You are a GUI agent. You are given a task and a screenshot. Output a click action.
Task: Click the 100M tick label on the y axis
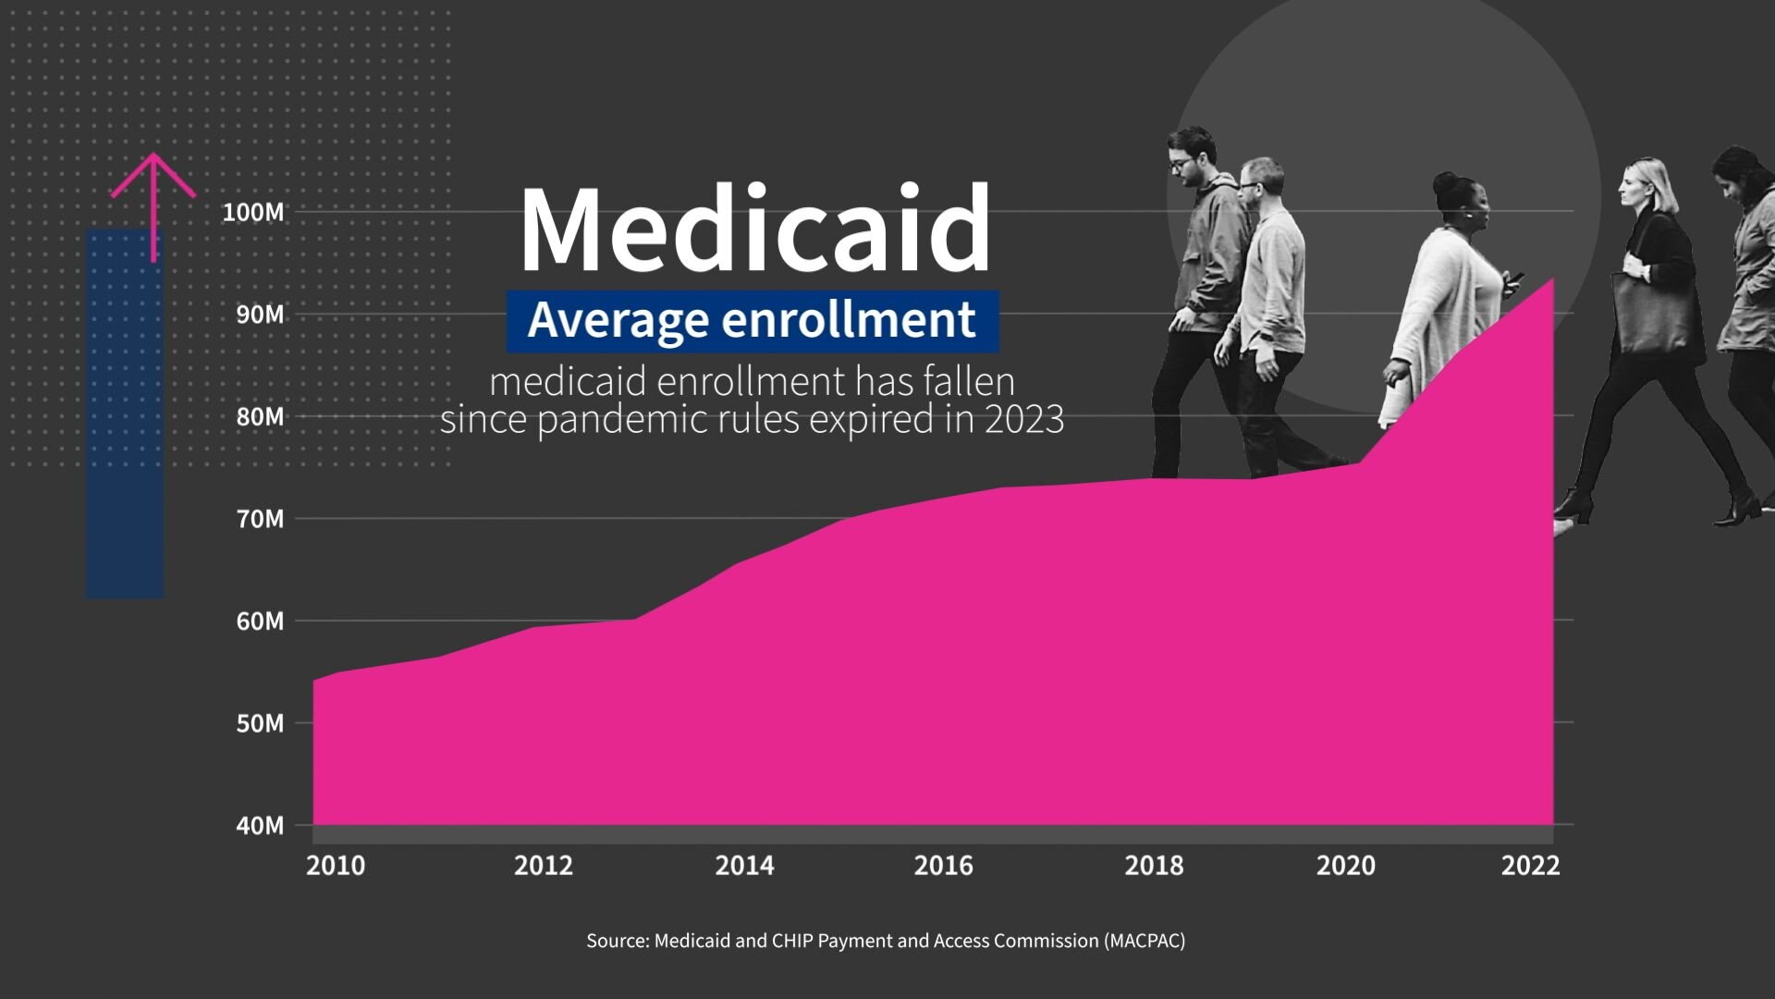[253, 213]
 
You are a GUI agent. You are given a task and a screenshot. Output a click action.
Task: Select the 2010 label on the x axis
[336, 866]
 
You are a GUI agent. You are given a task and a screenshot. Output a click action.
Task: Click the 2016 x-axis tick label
[943, 866]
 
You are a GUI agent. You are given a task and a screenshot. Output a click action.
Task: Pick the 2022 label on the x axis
[1530, 866]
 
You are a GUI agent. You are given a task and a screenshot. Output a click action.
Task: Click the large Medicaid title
[755, 229]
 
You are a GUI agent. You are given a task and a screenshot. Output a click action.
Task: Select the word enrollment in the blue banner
[848, 320]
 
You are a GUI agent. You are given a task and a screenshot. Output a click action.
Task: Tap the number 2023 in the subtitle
[1024, 420]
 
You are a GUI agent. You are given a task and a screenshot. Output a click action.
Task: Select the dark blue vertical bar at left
[125, 416]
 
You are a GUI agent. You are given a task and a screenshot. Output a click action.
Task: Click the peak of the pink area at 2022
[1551, 280]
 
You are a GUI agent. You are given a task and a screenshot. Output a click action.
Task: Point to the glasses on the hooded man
[1181, 165]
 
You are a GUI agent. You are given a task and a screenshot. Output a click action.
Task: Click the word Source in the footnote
[617, 941]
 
